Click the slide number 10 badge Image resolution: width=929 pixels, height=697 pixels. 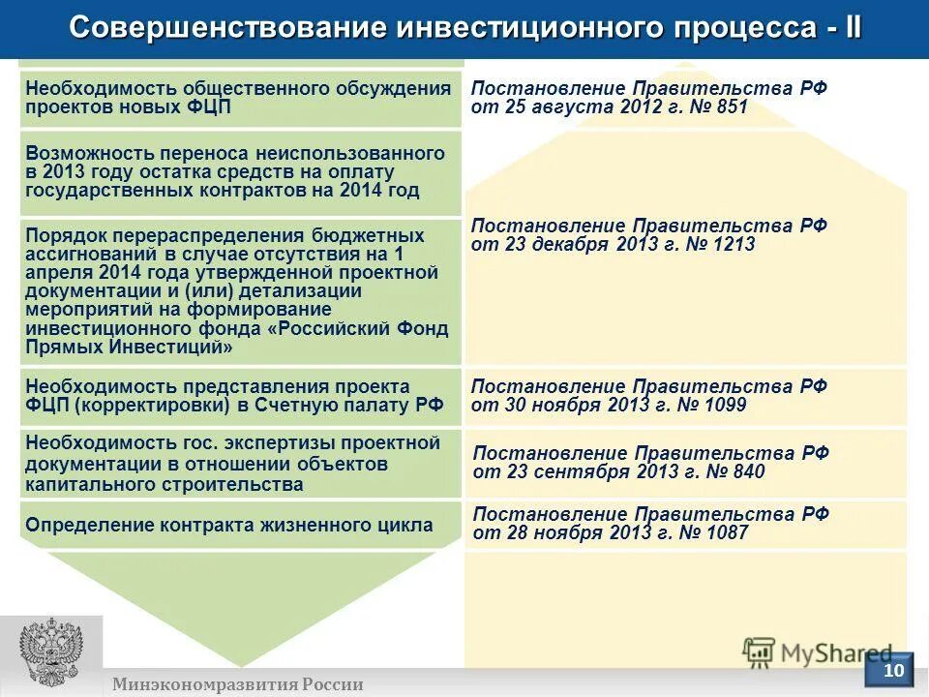(x=894, y=670)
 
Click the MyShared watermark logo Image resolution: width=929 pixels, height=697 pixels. (x=818, y=653)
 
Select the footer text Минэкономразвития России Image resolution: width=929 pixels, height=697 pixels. (x=237, y=684)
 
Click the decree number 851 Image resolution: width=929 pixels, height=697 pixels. (x=733, y=106)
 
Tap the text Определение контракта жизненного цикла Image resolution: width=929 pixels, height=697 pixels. (x=229, y=526)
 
